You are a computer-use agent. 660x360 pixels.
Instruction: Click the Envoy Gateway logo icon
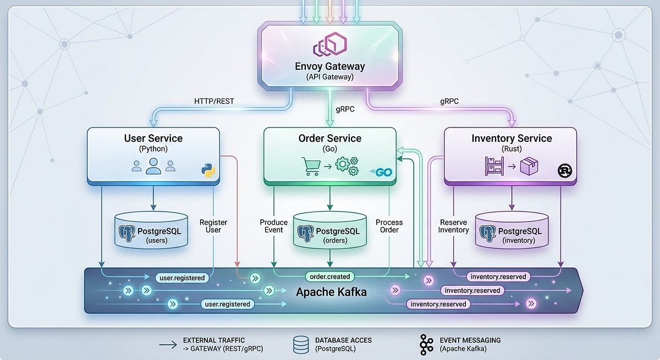(330, 44)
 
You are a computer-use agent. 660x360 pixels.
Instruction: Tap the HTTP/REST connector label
(214, 101)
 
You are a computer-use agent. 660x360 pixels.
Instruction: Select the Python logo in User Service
(208, 170)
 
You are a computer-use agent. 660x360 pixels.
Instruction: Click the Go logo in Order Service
(381, 172)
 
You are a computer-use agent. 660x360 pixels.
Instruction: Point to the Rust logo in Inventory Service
(565, 170)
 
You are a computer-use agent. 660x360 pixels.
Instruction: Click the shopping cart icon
(311, 167)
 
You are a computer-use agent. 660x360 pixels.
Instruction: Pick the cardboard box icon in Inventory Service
(529, 166)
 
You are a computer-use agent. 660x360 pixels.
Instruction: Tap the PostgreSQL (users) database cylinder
(151, 230)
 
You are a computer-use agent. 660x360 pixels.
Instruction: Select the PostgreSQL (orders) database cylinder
(330, 230)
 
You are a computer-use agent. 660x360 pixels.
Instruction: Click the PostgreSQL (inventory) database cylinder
(512, 230)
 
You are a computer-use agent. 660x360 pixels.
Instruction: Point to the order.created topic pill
(329, 276)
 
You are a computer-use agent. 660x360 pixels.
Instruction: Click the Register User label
(213, 226)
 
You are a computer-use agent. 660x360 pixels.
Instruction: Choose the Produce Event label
(274, 226)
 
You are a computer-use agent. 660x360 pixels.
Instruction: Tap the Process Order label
(389, 226)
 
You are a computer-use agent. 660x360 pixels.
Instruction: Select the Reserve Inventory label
(453, 226)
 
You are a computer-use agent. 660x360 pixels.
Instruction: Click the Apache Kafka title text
(331, 292)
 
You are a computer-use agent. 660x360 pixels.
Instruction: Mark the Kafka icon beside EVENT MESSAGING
(426, 345)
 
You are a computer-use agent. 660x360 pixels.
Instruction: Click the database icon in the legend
(301, 345)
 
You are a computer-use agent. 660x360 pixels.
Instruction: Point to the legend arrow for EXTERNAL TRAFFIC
(168, 345)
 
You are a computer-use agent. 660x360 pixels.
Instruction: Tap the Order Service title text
(329, 139)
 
